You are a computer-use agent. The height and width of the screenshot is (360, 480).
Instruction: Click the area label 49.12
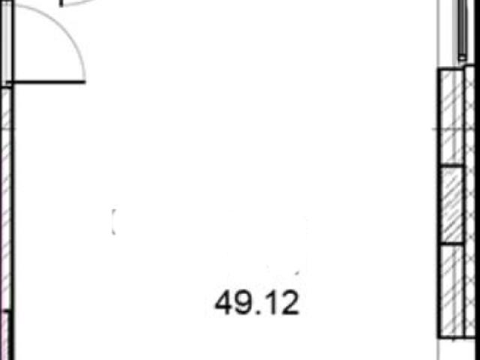[x=256, y=303]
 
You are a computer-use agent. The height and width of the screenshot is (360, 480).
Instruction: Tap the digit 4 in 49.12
[x=223, y=303]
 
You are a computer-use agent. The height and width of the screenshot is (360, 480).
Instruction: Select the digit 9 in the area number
[x=241, y=303]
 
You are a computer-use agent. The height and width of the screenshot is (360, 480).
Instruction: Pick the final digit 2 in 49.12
[x=290, y=303]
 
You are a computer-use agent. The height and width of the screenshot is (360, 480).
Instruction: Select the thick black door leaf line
[x=49, y=82]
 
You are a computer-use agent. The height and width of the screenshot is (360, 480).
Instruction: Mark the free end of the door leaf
[x=85, y=82]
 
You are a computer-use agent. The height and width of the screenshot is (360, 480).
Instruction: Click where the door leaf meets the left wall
[x=13, y=82]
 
